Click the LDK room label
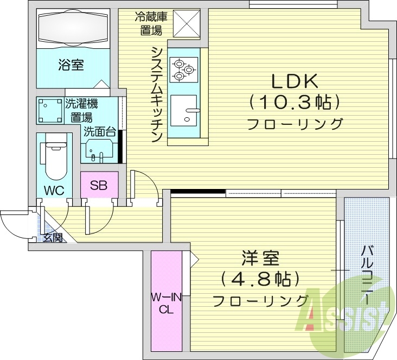[294, 81]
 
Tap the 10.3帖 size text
[294, 102]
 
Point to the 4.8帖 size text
[260, 279]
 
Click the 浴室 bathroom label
[71, 65]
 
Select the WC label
[55, 190]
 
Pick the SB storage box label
[99, 186]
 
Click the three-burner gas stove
[184, 68]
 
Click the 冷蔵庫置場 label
[151, 23]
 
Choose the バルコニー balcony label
[368, 277]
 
